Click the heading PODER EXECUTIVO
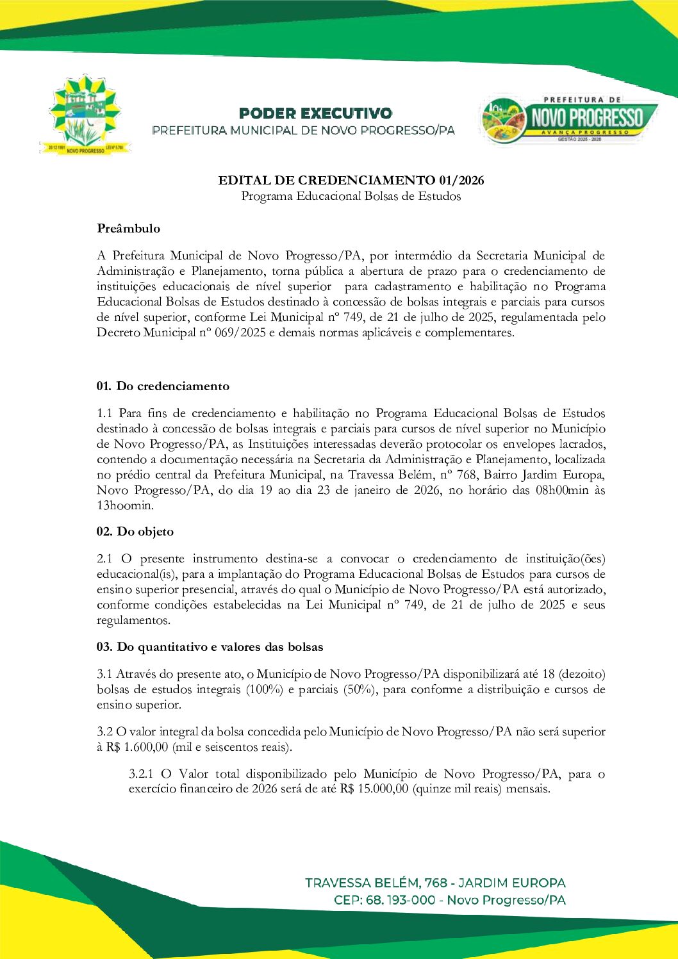click(x=315, y=113)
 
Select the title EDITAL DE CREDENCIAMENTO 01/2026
click(x=351, y=180)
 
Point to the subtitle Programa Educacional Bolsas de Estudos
click(x=351, y=196)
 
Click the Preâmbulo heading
click(x=129, y=229)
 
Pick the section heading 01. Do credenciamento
click(x=163, y=386)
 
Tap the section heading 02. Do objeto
click(x=135, y=532)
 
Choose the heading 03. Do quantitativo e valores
click(x=210, y=647)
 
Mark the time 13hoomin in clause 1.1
click(x=125, y=505)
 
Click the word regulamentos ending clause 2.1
click(x=133, y=620)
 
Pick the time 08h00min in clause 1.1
click(x=561, y=490)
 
